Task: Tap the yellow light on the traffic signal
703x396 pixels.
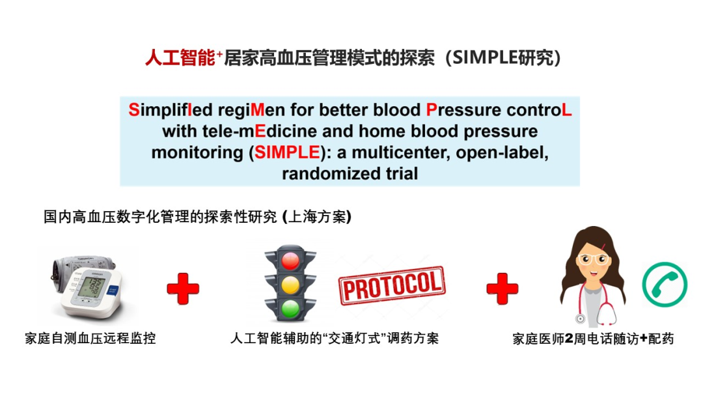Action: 290,284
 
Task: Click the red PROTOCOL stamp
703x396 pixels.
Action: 391,285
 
